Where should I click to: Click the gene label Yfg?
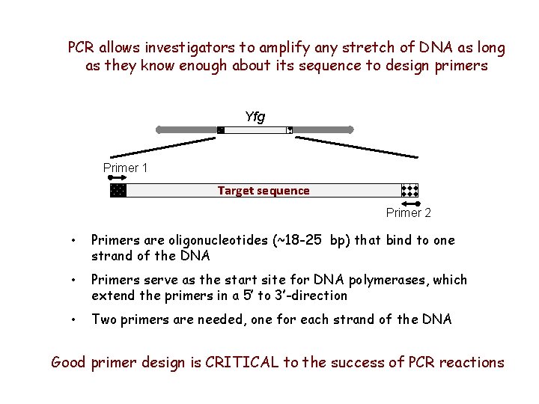coord(255,117)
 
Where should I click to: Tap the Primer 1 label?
coord(125,168)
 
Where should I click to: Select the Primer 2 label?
coord(408,213)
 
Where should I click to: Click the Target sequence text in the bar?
coord(263,191)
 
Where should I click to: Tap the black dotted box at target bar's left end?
coord(118,190)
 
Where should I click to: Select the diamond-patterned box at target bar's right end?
coord(409,190)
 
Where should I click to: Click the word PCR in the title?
coord(82,48)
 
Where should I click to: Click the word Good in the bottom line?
coord(69,363)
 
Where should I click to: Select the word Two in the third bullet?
coord(103,319)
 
